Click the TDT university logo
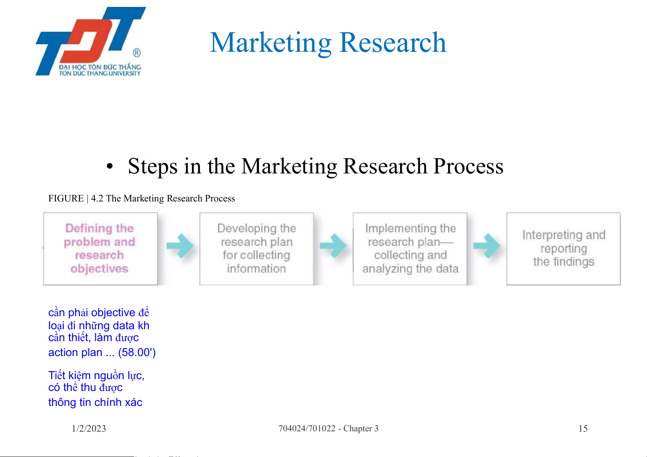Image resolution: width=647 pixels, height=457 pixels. coord(91,41)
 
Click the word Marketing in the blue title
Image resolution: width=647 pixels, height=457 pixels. coord(270,43)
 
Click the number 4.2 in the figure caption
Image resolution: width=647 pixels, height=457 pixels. coord(97,198)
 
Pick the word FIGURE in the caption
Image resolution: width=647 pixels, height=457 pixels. coord(66,198)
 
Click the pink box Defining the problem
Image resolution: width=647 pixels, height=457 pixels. coord(101,249)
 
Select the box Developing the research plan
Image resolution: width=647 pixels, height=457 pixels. coord(256,249)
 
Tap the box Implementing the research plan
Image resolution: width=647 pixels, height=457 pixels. coord(410,249)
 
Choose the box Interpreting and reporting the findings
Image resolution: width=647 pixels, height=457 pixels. coord(564,249)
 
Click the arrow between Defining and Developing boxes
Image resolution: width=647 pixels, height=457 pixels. coord(180,246)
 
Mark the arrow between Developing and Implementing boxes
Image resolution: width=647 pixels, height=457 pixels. coord(333,246)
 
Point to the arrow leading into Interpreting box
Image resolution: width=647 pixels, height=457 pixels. coord(487,246)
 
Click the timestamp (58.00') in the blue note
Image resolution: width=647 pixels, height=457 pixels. coord(137,353)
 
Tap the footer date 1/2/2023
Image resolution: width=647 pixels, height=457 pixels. coord(89,429)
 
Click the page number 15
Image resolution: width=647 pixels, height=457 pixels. coord(583,429)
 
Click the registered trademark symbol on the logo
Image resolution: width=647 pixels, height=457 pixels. coord(137,53)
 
